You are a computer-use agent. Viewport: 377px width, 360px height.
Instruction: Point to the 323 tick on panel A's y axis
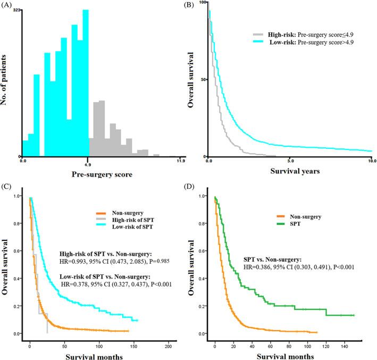point(17,10)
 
